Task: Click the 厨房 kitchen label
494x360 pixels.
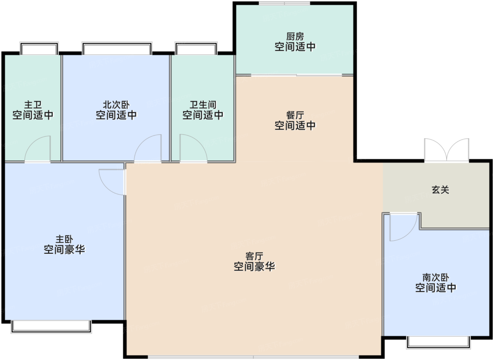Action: [x=295, y=37]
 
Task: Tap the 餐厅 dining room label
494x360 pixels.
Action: [x=295, y=115]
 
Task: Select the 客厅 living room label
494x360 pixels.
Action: [x=254, y=256]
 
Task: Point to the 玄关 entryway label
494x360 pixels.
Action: [x=440, y=190]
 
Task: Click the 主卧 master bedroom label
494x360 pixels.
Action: [x=64, y=239]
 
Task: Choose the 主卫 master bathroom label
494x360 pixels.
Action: [x=33, y=105]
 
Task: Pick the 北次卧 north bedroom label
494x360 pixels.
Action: [x=116, y=105]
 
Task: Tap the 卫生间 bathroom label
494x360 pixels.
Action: [x=203, y=105]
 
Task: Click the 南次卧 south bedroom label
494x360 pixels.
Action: [x=435, y=277]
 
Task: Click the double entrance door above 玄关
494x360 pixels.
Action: [x=447, y=150]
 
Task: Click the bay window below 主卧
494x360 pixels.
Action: [x=51, y=327]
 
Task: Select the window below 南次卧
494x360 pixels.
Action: [x=438, y=342]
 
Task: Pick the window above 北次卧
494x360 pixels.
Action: [x=117, y=48]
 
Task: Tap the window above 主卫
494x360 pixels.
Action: [x=39, y=48]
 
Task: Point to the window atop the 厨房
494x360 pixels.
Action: [x=284, y=3]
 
